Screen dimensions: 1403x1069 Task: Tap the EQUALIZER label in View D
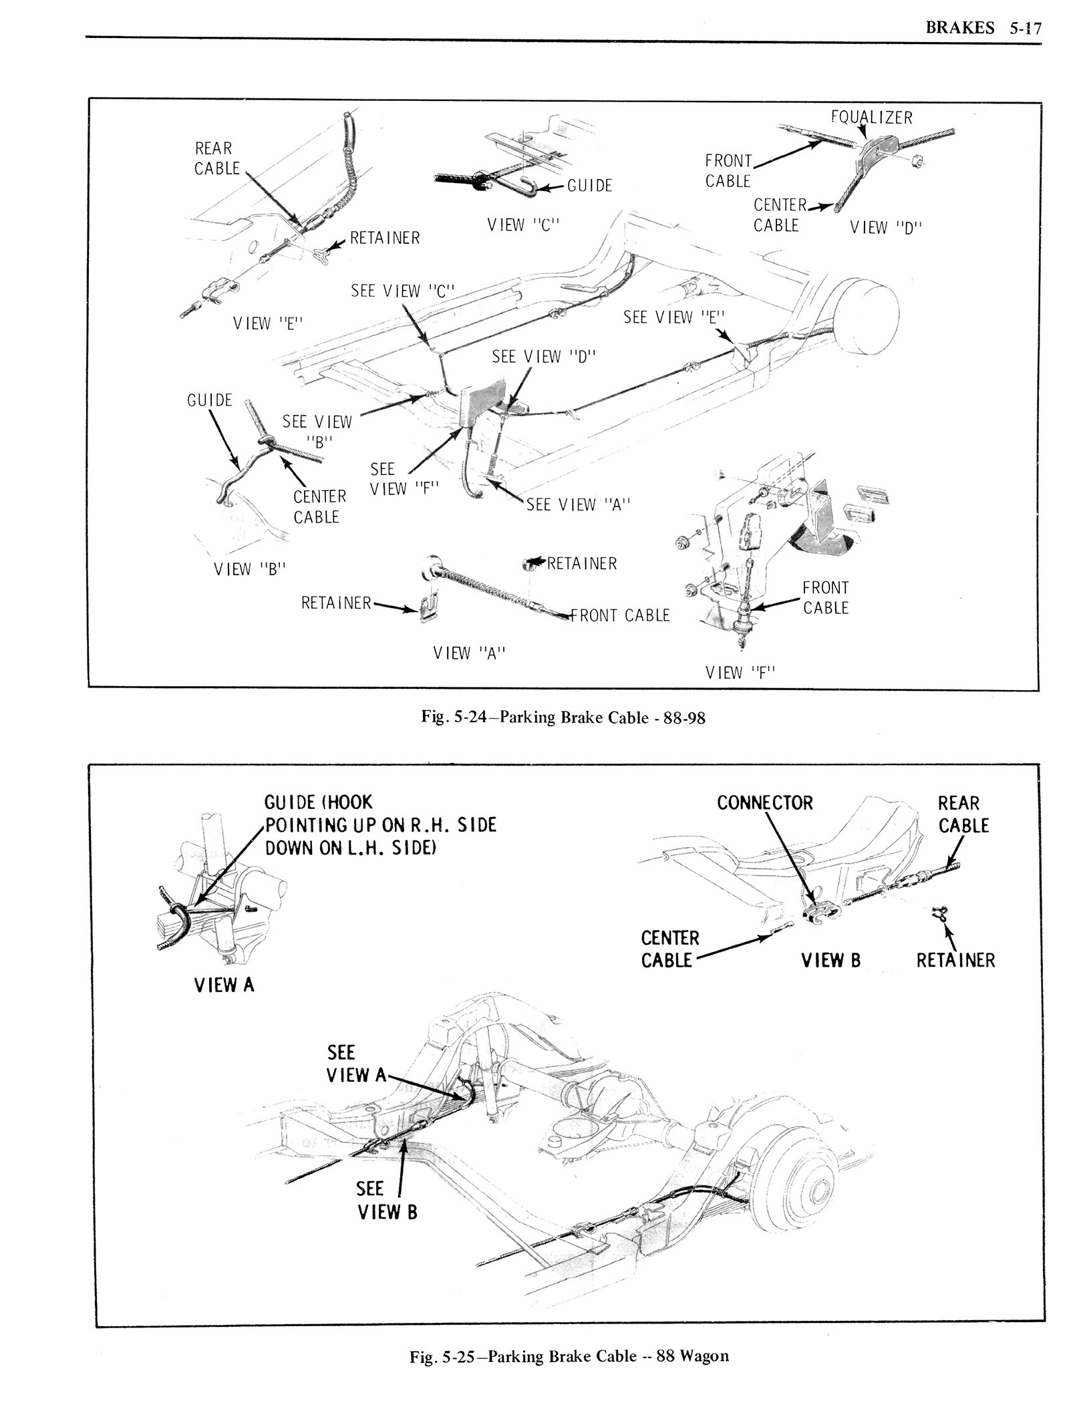pyautogui.click(x=871, y=118)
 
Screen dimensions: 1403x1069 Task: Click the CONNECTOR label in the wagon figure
pyautogui.click(x=764, y=802)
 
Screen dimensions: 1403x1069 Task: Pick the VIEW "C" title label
pyautogui.click(x=522, y=225)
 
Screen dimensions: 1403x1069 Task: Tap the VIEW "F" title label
pyautogui.click(x=740, y=672)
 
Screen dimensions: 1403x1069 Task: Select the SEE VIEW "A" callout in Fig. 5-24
pyautogui.click(x=579, y=505)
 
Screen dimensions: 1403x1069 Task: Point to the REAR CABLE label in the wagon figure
pyautogui.click(x=958, y=814)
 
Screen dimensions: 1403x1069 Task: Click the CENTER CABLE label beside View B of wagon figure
pyautogui.click(x=669, y=949)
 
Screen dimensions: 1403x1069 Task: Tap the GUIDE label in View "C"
pyautogui.click(x=589, y=186)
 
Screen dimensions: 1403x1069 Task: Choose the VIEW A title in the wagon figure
pyautogui.click(x=224, y=984)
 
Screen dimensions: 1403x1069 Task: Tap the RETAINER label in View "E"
pyautogui.click(x=386, y=238)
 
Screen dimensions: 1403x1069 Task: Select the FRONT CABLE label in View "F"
pyautogui.click(x=825, y=597)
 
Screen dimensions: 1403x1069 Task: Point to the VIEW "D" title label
pyautogui.click(x=885, y=227)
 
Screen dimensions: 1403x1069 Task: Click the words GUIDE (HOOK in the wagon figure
pyautogui.click(x=319, y=802)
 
